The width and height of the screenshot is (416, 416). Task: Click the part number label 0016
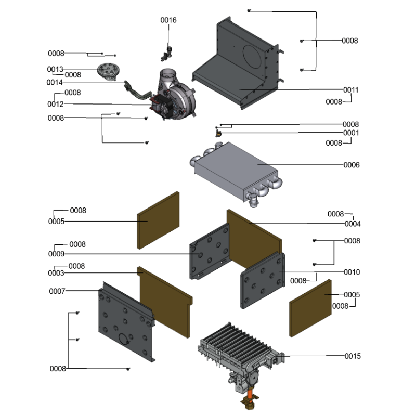point(168,20)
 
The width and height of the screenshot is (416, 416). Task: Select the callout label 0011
point(350,90)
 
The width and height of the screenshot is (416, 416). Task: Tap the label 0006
point(351,165)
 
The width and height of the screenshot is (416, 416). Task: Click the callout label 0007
point(57,291)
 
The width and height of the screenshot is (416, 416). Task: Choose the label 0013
point(55,69)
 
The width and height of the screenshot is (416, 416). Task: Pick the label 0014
point(55,82)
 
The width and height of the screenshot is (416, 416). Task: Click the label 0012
point(55,104)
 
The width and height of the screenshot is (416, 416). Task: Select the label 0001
point(350,133)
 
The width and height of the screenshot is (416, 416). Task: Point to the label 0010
point(352,272)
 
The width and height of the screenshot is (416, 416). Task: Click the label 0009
point(56,254)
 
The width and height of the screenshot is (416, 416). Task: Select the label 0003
point(56,273)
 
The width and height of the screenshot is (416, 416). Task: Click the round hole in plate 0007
point(124,339)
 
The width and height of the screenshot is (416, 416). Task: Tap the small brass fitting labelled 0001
point(218,134)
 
